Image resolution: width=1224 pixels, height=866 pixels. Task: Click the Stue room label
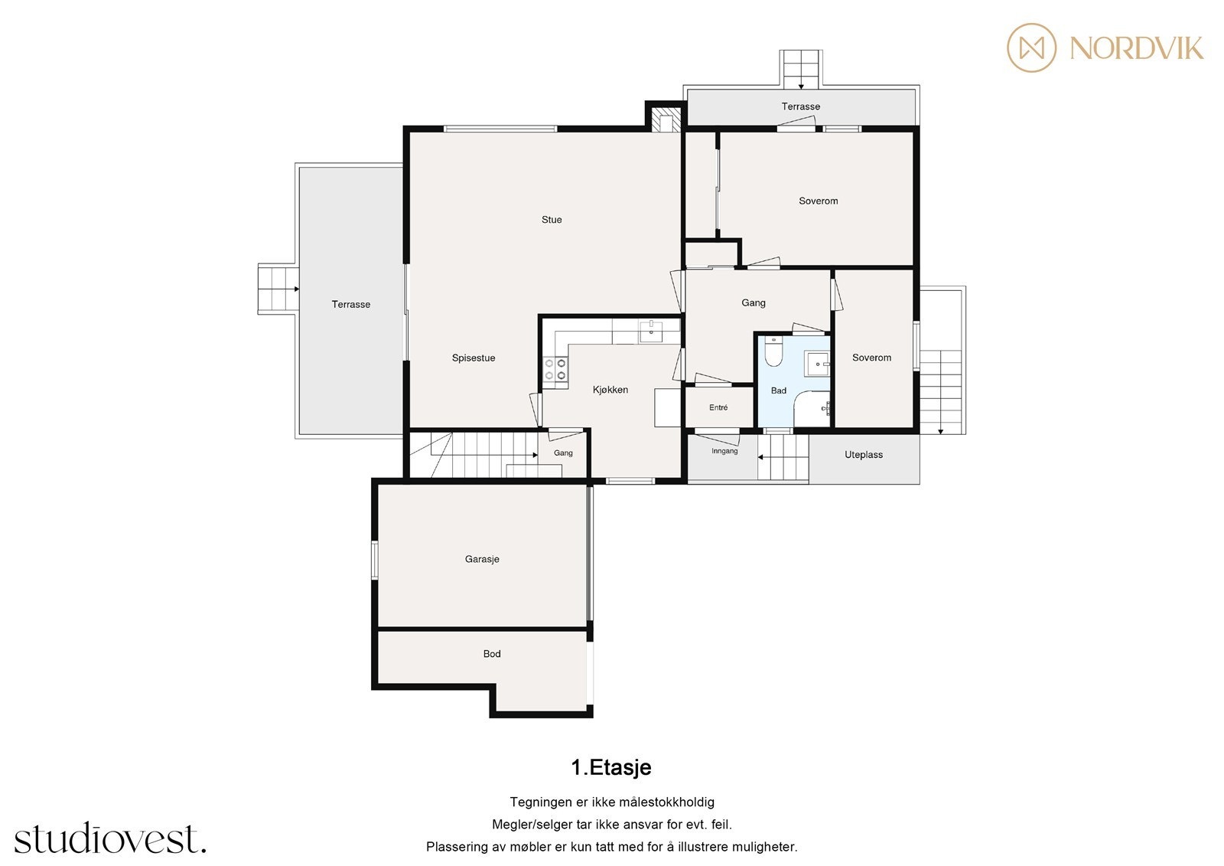(552, 220)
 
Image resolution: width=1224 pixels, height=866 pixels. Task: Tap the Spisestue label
(474, 358)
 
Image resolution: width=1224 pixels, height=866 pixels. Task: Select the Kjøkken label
(610, 390)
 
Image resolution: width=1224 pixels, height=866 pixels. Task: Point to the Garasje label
(482, 559)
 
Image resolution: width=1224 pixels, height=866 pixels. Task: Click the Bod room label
(492, 654)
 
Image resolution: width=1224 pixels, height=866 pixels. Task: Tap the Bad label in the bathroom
(779, 391)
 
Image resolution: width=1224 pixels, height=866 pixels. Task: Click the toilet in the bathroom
(773, 351)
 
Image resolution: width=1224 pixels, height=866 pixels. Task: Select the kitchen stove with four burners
(555, 369)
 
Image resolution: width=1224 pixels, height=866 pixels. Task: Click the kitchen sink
(651, 332)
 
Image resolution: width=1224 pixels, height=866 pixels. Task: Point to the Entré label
(718, 407)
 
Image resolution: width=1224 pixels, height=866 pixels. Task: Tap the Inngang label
(724, 451)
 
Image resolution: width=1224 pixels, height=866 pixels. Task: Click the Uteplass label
(864, 455)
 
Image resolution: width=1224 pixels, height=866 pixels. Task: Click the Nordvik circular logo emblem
(1032, 47)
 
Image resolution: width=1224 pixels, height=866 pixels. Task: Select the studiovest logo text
(110, 838)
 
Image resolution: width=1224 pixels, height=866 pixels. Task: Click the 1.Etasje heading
(611, 767)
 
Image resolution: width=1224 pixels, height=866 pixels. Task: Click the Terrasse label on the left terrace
(351, 304)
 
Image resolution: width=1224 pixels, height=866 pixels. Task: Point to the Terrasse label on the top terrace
(800, 106)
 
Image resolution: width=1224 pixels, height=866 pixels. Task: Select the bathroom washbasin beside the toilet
(817, 364)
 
